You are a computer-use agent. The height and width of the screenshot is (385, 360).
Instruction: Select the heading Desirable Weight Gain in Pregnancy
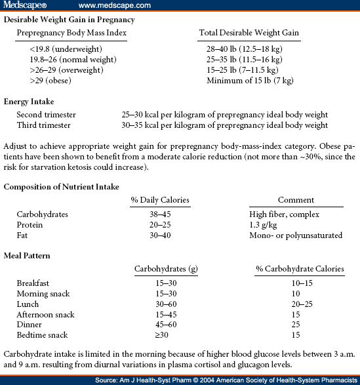70,20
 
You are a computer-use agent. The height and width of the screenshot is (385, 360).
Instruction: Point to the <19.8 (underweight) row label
60,49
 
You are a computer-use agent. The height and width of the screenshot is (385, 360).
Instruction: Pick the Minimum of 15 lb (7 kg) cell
250,81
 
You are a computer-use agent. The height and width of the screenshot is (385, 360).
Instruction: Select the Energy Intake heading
29,102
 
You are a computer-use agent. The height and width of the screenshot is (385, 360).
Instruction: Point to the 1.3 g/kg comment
264,224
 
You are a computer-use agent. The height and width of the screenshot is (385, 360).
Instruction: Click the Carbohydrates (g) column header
161,269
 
